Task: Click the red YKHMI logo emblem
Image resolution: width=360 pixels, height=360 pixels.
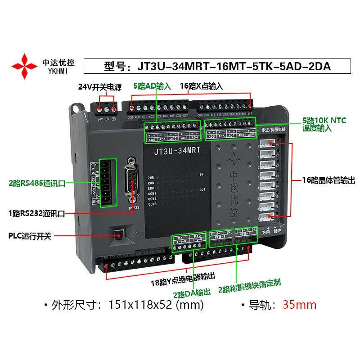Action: click(x=25, y=67)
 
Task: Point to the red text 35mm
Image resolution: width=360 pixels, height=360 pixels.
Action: click(x=299, y=305)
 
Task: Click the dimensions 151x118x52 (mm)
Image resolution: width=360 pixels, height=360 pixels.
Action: click(x=156, y=305)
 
